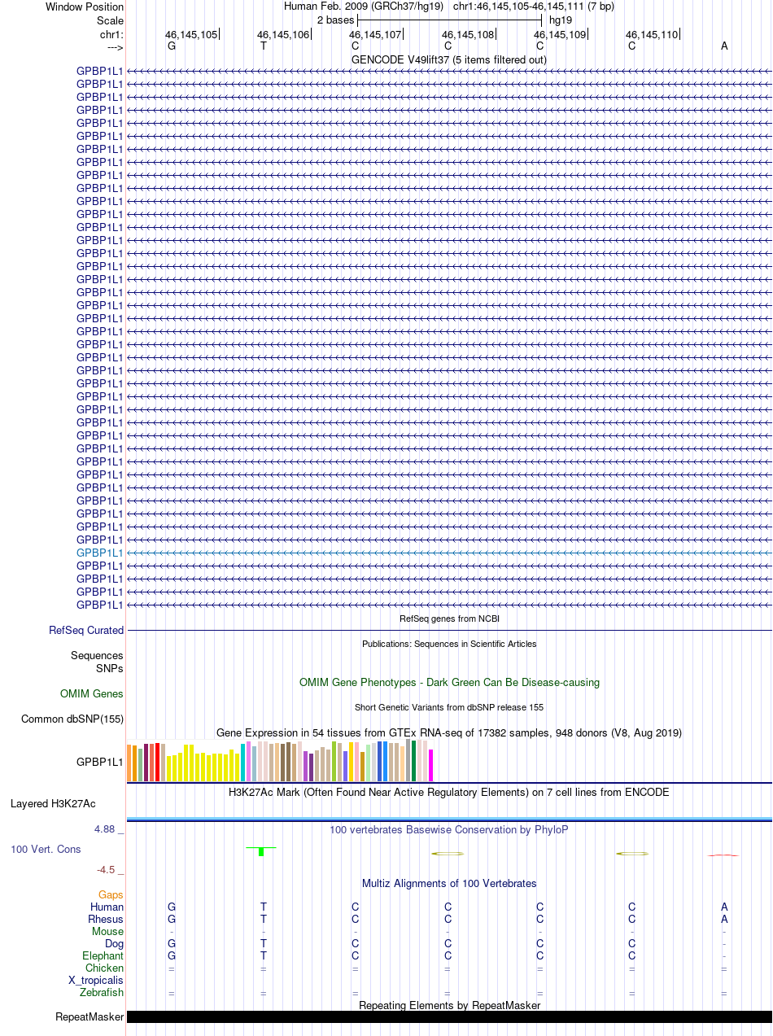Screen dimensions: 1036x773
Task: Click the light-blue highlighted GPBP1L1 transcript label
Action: point(100,553)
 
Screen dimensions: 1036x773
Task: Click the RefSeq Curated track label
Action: point(86,630)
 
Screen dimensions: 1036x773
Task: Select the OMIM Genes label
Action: point(92,694)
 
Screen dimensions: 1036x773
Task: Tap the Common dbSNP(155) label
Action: point(72,719)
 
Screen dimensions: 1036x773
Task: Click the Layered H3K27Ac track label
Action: point(53,804)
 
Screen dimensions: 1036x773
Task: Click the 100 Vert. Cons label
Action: point(46,849)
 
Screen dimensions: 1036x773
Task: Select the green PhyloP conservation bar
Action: point(261,851)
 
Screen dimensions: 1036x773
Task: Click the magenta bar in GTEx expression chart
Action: point(431,765)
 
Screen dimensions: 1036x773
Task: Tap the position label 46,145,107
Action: point(375,35)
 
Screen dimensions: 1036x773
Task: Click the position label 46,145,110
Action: point(651,35)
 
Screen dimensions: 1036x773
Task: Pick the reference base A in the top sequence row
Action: point(724,46)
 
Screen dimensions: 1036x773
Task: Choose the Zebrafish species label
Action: point(102,993)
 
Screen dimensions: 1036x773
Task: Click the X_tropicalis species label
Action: point(96,981)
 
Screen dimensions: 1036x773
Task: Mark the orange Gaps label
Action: point(111,894)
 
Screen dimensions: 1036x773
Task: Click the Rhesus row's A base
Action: point(724,919)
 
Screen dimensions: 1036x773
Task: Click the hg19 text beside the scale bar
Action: point(560,19)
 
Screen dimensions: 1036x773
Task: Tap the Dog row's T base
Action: point(264,943)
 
